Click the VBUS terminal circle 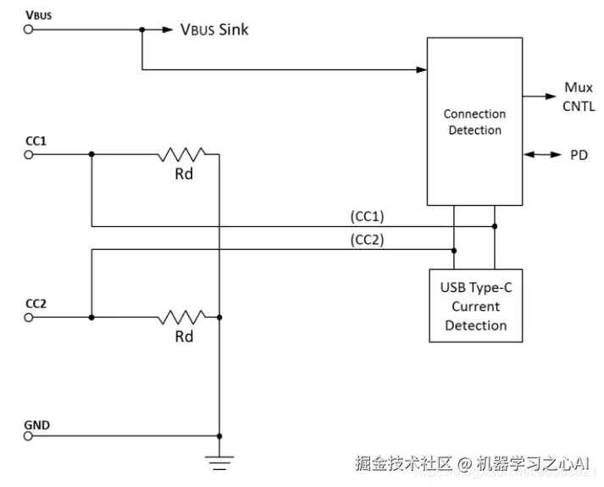tap(29, 29)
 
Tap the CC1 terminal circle tap(29, 154)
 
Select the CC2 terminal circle tap(29, 318)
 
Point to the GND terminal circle tap(29, 435)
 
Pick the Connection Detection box tap(474, 121)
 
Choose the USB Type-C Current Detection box tap(474, 307)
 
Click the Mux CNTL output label tap(579, 97)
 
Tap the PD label tap(574, 156)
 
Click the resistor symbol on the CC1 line tap(181, 154)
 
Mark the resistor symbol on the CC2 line tap(181, 318)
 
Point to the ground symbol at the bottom tap(219, 462)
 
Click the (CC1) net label tap(367, 217)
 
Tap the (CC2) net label tap(367, 240)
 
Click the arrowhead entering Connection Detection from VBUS tap(421, 69)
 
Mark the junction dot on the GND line tap(219, 435)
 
